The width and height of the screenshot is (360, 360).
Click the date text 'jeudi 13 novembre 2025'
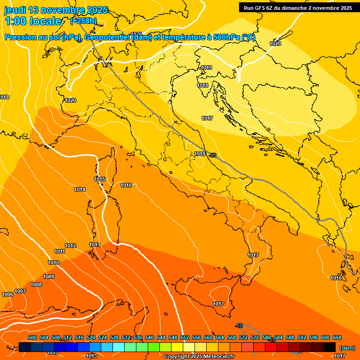click(x=56, y=10)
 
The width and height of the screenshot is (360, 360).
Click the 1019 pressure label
click(x=206, y=68)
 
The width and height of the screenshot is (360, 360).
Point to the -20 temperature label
click(x=212, y=155)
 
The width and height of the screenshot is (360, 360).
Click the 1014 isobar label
click(x=80, y=190)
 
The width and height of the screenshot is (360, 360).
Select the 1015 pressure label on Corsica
click(x=99, y=180)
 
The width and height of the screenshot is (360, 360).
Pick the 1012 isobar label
click(x=70, y=246)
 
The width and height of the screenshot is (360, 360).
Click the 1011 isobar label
click(x=60, y=252)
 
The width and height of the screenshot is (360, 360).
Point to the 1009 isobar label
click(x=49, y=277)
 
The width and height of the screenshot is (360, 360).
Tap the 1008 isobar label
click(x=36, y=285)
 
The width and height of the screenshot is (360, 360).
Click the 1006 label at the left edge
click(x=7, y=294)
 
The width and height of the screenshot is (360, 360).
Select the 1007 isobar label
click(x=20, y=291)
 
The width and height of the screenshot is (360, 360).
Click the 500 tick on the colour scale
click(x=32, y=337)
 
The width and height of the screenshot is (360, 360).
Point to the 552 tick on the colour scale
click(x=185, y=337)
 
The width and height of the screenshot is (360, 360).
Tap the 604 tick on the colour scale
click(x=337, y=337)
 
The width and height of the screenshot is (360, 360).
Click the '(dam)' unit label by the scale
click(x=347, y=348)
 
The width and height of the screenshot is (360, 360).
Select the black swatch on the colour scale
click(x=330, y=347)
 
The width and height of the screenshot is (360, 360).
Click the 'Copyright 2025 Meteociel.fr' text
click(x=199, y=357)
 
